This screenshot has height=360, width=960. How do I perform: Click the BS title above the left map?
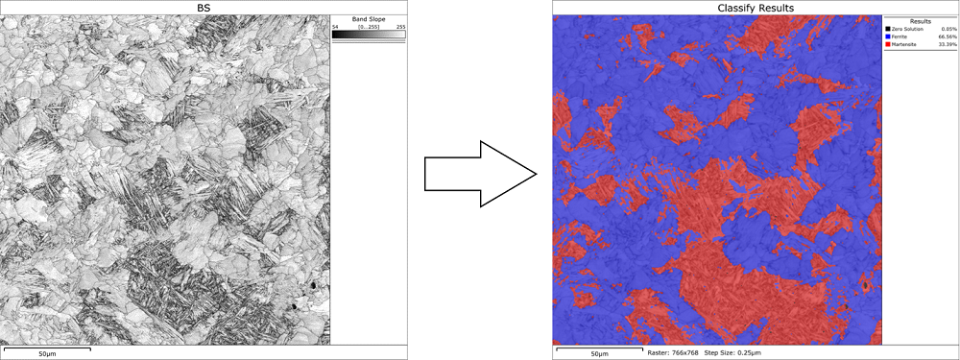pos(203,8)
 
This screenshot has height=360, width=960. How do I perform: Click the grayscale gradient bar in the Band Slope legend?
pos(369,35)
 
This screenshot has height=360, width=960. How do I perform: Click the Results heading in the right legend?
pos(921,19)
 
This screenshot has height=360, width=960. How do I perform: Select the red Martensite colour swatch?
pos(887,44)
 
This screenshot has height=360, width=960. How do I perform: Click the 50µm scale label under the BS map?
pos(47,354)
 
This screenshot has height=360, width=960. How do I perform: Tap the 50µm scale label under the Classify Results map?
pos(598,354)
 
